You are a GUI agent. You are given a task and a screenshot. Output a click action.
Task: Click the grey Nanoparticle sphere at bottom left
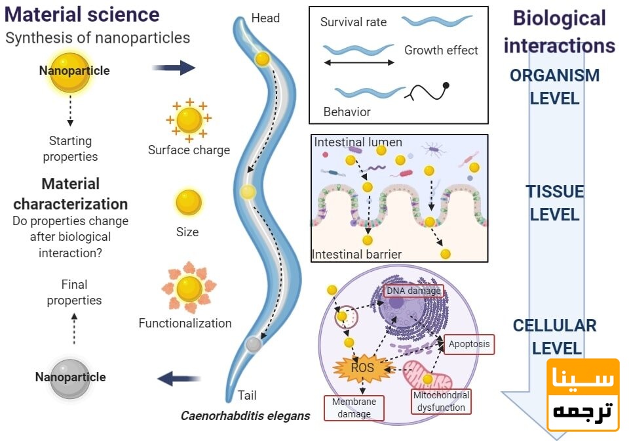[70, 377]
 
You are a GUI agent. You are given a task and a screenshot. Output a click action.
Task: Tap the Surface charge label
[189, 150]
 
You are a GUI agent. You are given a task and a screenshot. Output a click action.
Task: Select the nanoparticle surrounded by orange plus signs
[189, 119]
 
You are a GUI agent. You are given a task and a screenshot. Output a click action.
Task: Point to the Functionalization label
[185, 323]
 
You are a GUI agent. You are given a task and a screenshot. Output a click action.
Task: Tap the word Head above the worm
[265, 18]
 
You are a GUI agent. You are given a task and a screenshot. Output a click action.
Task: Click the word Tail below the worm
[247, 395]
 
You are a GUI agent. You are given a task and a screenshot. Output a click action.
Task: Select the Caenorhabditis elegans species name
[245, 415]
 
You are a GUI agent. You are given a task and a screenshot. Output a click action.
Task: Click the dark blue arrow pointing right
[174, 67]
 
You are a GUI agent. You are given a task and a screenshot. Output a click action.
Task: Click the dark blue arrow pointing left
[179, 378]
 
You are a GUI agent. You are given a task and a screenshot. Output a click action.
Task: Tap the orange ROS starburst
[362, 367]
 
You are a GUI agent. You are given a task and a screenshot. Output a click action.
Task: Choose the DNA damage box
[413, 291]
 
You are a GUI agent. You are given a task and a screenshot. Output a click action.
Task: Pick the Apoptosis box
[468, 344]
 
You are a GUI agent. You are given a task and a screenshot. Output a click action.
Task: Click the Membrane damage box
[354, 408]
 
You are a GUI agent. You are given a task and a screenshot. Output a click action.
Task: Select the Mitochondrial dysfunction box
[441, 401]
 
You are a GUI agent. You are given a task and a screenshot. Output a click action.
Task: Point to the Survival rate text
[353, 22]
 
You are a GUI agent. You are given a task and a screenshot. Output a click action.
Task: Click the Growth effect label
[441, 50]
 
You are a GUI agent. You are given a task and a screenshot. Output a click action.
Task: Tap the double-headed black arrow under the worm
[358, 63]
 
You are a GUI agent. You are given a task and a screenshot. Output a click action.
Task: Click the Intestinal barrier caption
[356, 254]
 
